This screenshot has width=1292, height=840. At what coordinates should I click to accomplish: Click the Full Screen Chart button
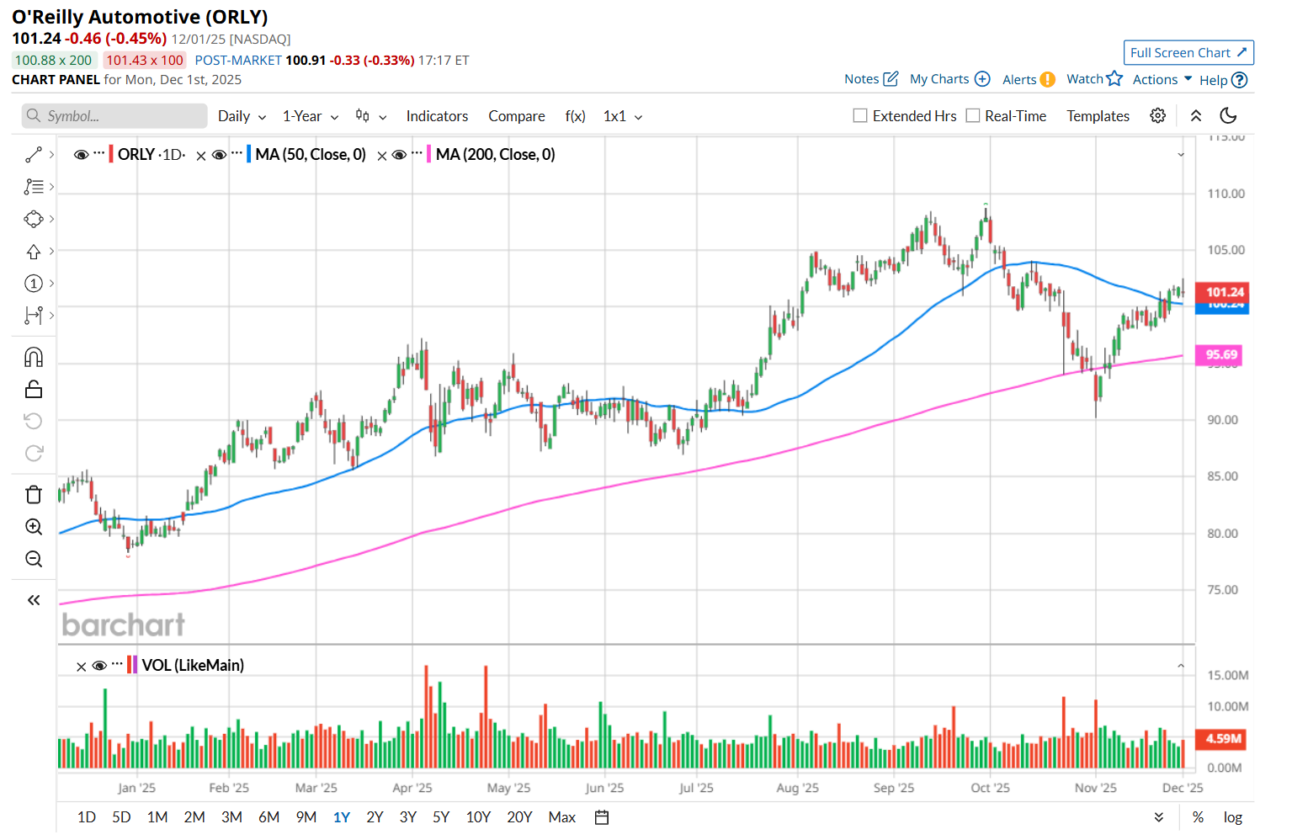pos(1188,52)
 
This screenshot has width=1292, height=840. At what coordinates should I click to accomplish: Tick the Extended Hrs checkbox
pos(860,116)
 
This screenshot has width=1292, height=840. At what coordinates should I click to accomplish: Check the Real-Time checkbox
pos(973,116)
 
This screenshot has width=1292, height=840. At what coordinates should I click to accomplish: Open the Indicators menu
pos(437,116)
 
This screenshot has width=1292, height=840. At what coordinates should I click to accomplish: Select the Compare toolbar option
pos(516,116)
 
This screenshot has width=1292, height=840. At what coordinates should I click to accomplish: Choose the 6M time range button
pos(269,817)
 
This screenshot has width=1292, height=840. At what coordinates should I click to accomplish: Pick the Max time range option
pos(561,817)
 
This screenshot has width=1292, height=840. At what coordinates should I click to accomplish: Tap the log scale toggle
pos(1232,817)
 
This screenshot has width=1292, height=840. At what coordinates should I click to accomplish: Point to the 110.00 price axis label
pos(1226,194)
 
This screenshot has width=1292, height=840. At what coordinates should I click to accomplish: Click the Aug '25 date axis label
pos(797,788)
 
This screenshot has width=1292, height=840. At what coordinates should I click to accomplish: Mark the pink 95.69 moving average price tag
pos(1221,355)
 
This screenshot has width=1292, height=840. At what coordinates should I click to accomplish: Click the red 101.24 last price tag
pos(1224,292)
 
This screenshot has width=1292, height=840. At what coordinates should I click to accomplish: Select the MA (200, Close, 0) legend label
pos(495,155)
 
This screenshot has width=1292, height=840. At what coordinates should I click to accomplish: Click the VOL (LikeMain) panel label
pos(193,666)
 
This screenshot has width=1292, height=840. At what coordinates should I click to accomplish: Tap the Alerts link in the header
pos(1019,79)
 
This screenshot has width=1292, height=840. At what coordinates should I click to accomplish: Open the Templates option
pos(1098,116)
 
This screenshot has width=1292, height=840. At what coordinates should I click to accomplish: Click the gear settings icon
pos(1158,116)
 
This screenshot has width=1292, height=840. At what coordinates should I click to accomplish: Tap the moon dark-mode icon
pos(1228,116)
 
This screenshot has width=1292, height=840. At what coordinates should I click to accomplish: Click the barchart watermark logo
pos(124,625)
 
